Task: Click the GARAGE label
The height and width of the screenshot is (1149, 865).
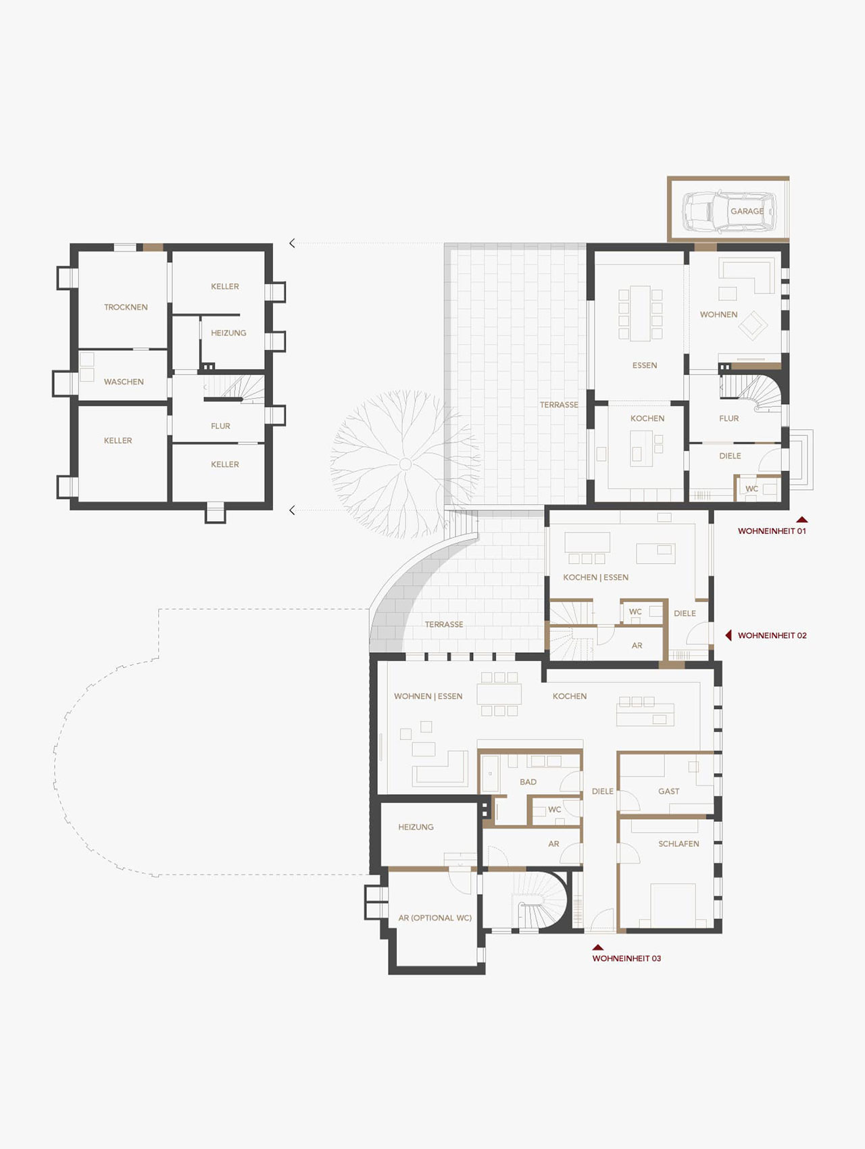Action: click(747, 211)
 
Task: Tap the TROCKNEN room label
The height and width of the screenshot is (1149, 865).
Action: click(126, 307)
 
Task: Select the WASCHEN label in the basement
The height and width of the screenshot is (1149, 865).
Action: click(124, 382)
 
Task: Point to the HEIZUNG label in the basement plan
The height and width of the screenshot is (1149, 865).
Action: click(228, 333)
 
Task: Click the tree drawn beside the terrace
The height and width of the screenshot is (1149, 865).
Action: click(405, 464)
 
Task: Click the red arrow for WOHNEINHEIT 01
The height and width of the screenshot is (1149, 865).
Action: click(802, 520)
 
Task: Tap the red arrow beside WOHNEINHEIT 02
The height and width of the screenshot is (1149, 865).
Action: click(728, 635)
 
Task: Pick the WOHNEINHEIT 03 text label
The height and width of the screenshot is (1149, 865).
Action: click(626, 958)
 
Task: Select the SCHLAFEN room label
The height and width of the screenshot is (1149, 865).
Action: click(678, 844)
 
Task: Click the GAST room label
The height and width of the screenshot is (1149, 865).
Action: click(669, 791)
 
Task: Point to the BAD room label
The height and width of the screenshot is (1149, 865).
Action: click(528, 782)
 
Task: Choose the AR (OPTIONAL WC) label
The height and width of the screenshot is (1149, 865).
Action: click(435, 918)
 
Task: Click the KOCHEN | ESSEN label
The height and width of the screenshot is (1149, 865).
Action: click(596, 577)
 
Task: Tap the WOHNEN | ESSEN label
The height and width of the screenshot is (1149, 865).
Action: click(428, 696)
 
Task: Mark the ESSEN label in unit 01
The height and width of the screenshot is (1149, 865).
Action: click(645, 365)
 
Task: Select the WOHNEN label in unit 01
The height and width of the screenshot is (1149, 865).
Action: click(718, 314)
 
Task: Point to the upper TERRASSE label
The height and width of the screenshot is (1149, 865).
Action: click(559, 405)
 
